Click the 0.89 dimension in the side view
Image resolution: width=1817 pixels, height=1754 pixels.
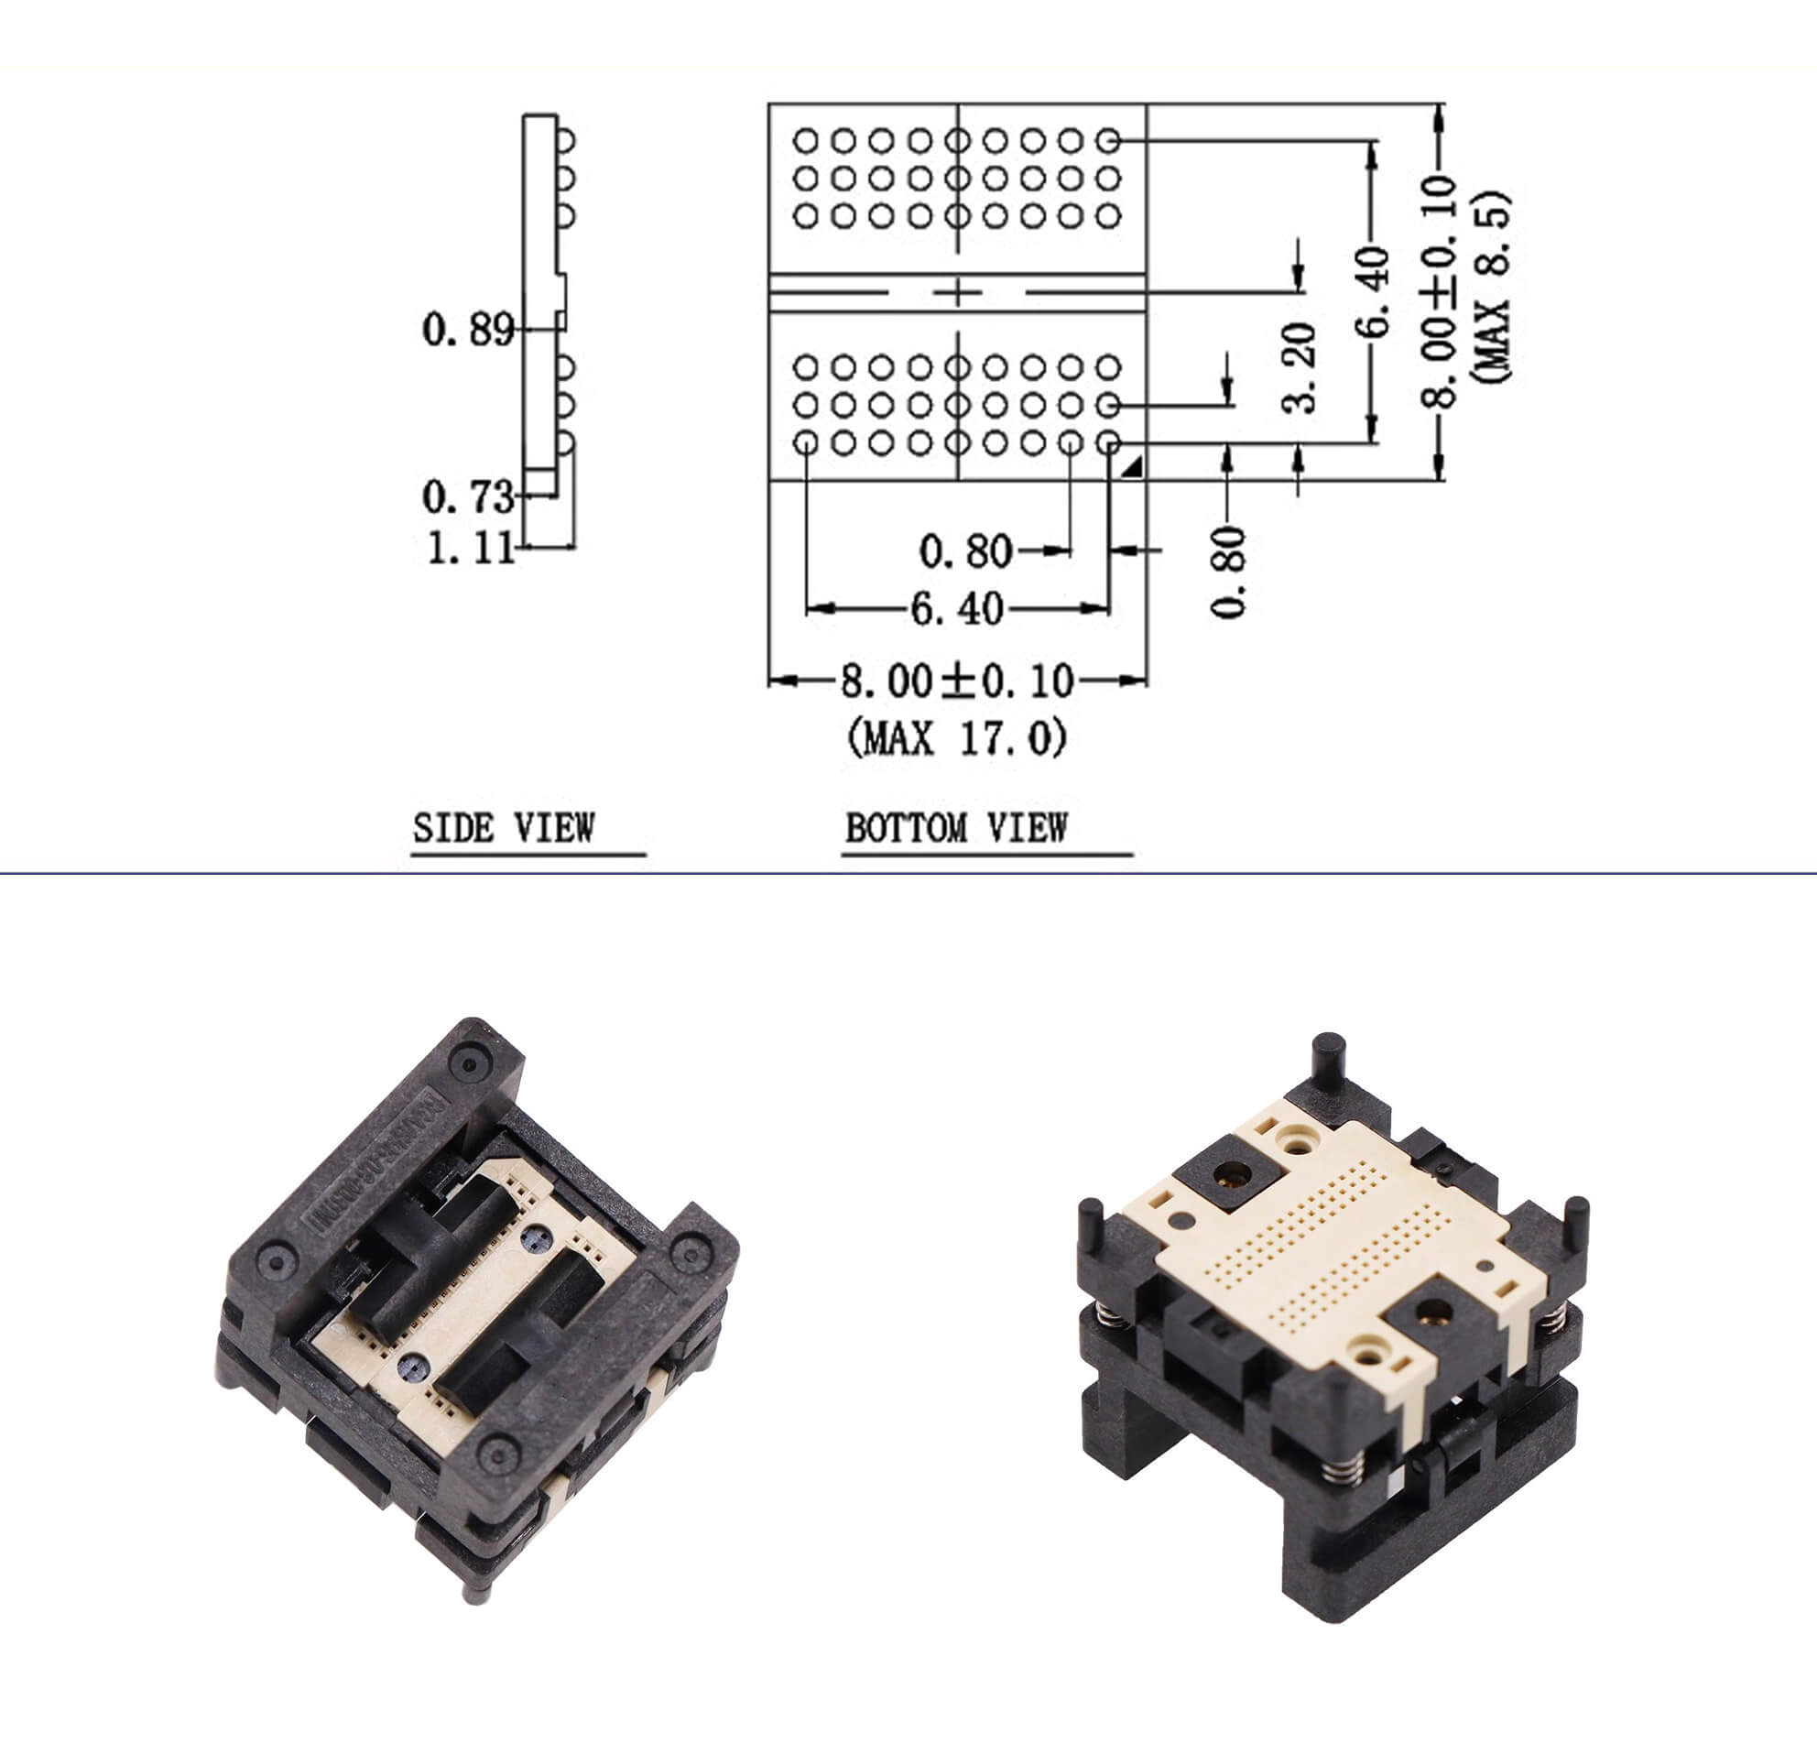click(467, 329)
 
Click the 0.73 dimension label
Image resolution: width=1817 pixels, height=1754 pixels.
click(467, 498)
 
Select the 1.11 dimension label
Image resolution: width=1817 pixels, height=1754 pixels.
click(470, 549)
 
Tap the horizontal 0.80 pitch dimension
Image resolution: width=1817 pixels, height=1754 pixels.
click(965, 551)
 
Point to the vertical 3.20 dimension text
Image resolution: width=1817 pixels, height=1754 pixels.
click(1300, 367)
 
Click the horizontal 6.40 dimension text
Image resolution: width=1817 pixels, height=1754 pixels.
click(957, 609)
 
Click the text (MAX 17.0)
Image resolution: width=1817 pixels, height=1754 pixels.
click(957, 739)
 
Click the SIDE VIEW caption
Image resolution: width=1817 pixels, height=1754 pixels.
click(504, 828)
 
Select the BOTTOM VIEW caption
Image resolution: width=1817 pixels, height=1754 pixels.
click(956, 828)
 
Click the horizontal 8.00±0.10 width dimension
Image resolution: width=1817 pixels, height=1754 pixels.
click(957, 681)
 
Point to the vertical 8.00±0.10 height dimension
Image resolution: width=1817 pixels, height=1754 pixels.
click(1440, 291)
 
